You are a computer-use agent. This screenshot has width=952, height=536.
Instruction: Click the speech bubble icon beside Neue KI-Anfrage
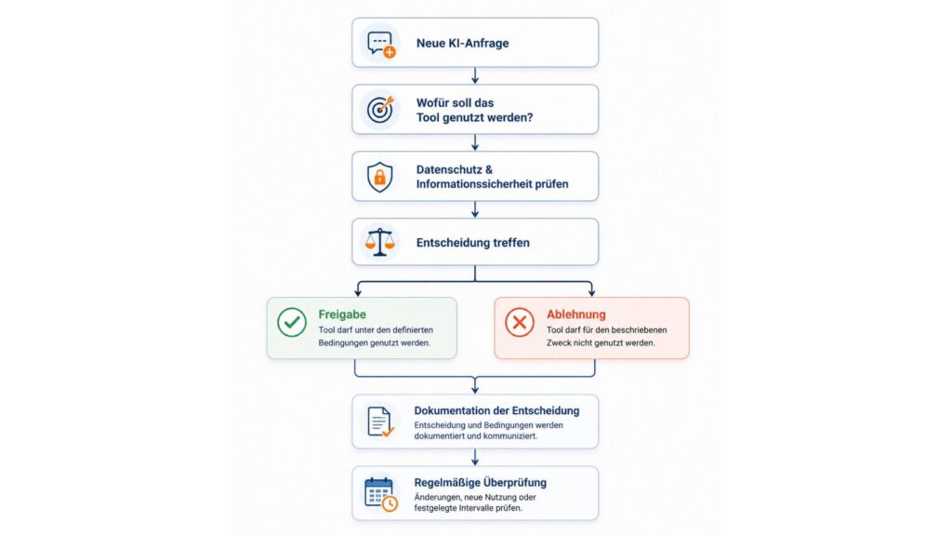(x=380, y=45)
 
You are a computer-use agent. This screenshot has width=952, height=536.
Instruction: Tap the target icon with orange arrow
(x=380, y=110)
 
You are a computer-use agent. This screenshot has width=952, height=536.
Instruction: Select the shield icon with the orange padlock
(x=380, y=177)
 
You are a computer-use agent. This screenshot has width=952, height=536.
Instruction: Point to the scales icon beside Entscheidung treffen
(x=380, y=243)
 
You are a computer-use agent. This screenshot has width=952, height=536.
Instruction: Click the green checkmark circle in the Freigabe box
(x=292, y=322)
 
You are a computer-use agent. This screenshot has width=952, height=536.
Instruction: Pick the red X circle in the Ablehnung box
(x=520, y=322)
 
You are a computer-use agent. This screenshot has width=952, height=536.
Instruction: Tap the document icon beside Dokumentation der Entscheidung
(x=380, y=422)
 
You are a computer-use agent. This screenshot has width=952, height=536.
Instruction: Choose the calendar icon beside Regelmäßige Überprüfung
(x=380, y=494)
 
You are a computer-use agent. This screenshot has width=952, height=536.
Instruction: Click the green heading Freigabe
(x=342, y=315)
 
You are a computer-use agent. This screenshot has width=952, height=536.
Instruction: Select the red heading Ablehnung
(x=576, y=315)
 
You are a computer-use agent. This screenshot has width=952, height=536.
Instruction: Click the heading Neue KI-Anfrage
(x=463, y=43)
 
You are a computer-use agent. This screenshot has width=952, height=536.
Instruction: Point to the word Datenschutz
(x=450, y=169)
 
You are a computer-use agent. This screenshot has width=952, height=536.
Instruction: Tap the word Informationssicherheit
(x=474, y=183)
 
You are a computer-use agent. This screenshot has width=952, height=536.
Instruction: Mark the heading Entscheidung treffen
(x=473, y=243)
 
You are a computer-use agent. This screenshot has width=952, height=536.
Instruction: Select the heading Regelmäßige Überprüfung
(x=481, y=483)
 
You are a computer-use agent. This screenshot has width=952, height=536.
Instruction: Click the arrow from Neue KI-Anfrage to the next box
(x=475, y=75)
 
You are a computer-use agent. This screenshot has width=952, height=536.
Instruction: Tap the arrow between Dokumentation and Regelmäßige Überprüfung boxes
(x=475, y=457)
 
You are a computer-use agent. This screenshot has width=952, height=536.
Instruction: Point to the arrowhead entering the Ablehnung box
(x=591, y=293)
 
